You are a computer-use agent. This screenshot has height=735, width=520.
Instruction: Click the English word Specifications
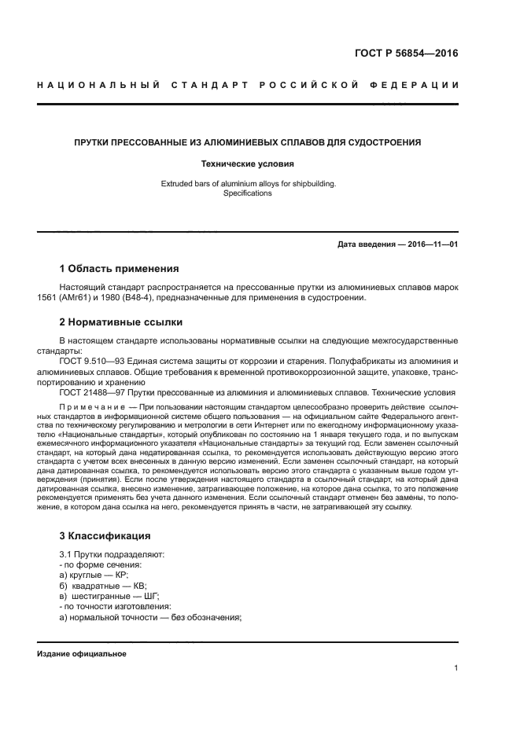[x=248, y=193]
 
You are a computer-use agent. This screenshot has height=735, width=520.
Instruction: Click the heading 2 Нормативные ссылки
[x=121, y=322]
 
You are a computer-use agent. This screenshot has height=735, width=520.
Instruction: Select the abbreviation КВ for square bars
[x=138, y=586]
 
